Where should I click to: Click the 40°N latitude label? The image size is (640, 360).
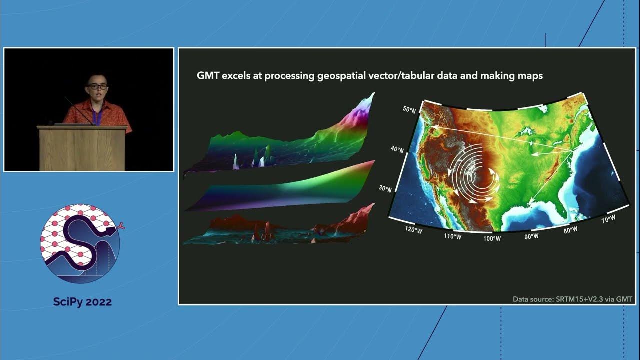[397, 149]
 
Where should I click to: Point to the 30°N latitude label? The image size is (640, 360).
[384, 189]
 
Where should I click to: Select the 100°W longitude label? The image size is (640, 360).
[492, 239]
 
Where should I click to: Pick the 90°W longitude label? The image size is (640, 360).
[531, 236]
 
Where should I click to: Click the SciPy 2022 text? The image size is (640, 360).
[82, 302]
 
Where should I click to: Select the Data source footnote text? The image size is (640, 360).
[572, 299]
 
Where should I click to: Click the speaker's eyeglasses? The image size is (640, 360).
[97, 86]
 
